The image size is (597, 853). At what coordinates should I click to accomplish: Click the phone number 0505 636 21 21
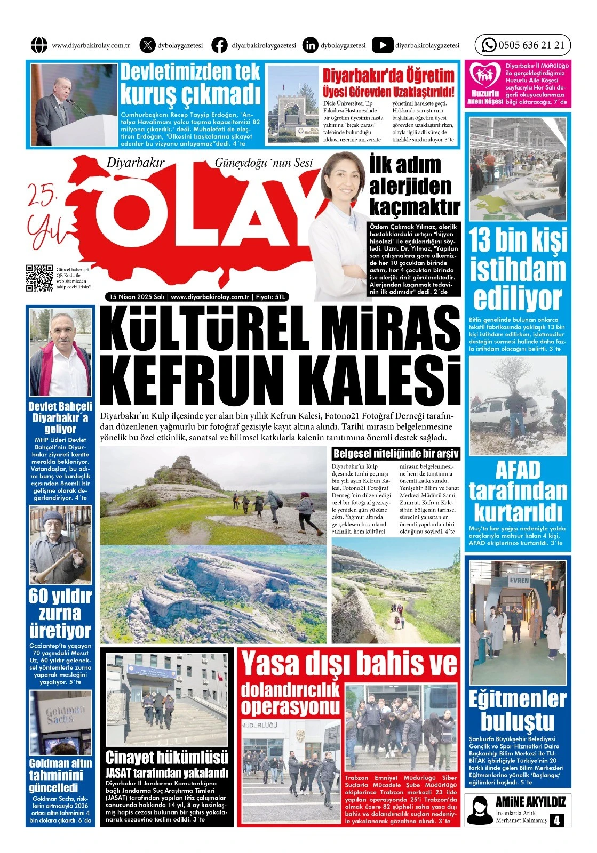pyautogui.click(x=531, y=45)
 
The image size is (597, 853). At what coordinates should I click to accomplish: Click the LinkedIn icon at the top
pyautogui.click(x=310, y=45)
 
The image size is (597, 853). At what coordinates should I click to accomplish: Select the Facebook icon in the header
pyautogui.click(x=219, y=45)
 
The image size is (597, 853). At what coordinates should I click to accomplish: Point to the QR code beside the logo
pyautogui.click(x=39, y=278)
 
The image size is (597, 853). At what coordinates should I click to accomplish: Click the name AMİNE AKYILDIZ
pyautogui.click(x=530, y=802)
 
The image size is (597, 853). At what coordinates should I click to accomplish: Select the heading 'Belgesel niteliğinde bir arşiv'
pyautogui.click(x=395, y=454)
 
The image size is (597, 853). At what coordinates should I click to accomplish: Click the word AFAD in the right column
pyautogui.click(x=518, y=470)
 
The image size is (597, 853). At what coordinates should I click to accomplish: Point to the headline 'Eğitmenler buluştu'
pyautogui.click(x=517, y=710)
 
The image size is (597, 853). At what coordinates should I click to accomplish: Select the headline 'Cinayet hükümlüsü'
pyautogui.click(x=166, y=757)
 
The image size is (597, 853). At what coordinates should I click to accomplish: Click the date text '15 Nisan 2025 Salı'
pyautogui.click(x=137, y=297)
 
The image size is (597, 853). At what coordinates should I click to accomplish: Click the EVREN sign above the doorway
pyautogui.click(x=519, y=580)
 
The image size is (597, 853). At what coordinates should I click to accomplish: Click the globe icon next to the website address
pyautogui.click(x=39, y=45)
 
